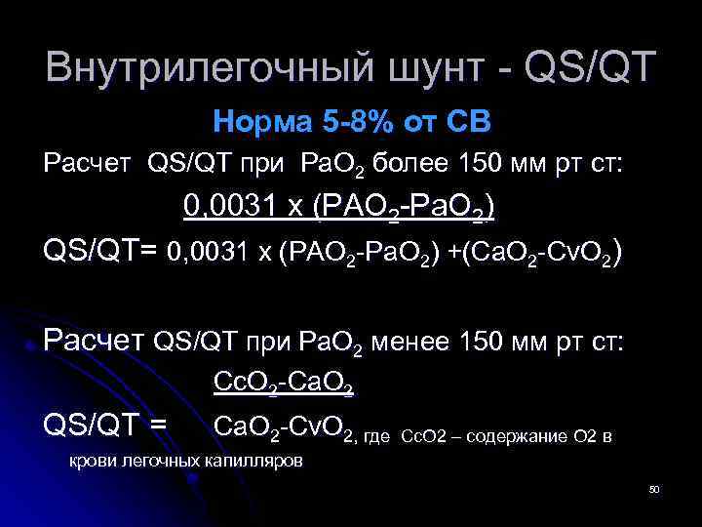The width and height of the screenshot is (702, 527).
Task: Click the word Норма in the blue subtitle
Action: pos(258,124)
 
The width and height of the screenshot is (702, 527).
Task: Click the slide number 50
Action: pos(654,488)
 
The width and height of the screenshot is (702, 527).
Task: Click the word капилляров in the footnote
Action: pos(255,458)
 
